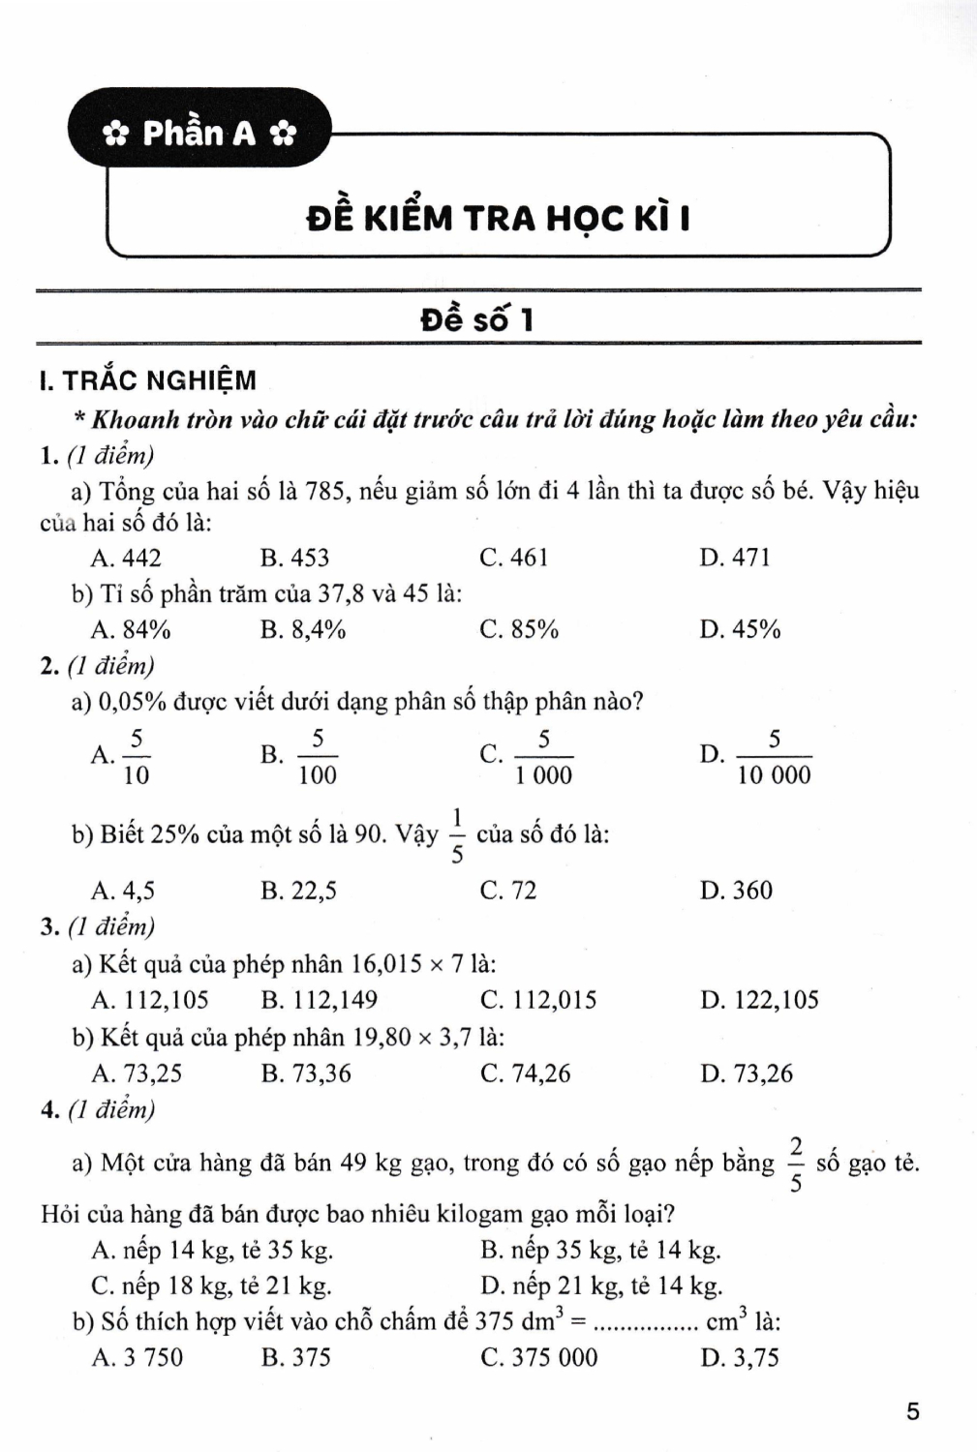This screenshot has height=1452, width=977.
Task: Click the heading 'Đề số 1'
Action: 477,319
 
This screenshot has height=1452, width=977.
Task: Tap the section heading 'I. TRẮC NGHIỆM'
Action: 148,380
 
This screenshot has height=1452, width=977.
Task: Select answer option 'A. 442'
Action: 126,558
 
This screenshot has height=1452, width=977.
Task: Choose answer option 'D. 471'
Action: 735,558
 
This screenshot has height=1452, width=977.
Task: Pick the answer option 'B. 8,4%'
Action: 303,629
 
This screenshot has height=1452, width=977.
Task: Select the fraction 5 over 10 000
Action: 774,757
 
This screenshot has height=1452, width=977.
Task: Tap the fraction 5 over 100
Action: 317,757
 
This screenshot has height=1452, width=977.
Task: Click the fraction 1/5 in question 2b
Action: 457,834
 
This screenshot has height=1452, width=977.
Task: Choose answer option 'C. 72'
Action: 508,890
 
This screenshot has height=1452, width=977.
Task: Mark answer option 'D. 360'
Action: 736,890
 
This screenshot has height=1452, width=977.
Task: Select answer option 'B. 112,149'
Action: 320,1000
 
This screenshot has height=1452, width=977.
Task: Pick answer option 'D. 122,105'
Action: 759,1000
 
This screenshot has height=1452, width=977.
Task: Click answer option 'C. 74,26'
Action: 526,1074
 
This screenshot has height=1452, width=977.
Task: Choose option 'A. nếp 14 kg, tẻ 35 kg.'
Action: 212,1250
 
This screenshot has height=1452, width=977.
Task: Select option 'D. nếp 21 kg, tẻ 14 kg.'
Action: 601,1286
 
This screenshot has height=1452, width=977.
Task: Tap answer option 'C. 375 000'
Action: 539,1357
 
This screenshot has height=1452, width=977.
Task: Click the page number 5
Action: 912,1411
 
